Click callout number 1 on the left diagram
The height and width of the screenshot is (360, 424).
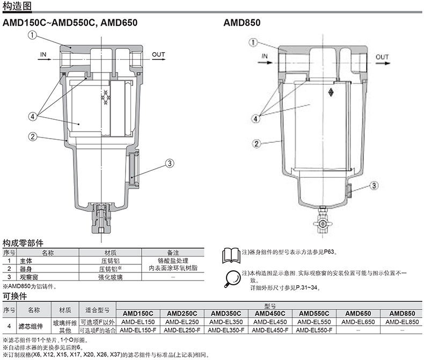(32, 35)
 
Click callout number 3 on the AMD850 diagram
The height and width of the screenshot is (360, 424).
(374, 186)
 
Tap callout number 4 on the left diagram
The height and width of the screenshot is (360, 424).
(33, 117)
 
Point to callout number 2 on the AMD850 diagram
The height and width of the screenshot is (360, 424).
(257, 143)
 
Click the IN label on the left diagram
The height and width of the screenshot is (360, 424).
(43, 55)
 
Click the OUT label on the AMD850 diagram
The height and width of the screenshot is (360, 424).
(382, 57)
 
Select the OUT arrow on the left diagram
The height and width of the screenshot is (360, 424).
(158, 59)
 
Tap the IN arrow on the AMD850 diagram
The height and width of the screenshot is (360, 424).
(265, 62)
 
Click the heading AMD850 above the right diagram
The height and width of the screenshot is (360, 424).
(242, 23)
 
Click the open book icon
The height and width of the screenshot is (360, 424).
(231, 256)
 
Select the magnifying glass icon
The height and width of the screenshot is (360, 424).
(232, 279)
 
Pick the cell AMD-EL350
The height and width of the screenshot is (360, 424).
(226, 322)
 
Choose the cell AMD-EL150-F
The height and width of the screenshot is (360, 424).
(138, 330)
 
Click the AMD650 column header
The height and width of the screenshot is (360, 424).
(358, 313)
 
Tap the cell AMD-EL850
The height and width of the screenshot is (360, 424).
(402, 322)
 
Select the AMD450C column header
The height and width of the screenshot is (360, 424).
(270, 313)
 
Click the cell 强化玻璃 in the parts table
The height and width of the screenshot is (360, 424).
(111, 277)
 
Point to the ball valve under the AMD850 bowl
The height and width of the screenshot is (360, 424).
(323, 224)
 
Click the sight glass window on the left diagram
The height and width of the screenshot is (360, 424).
(131, 169)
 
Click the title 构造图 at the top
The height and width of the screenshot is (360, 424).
(17, 6)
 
